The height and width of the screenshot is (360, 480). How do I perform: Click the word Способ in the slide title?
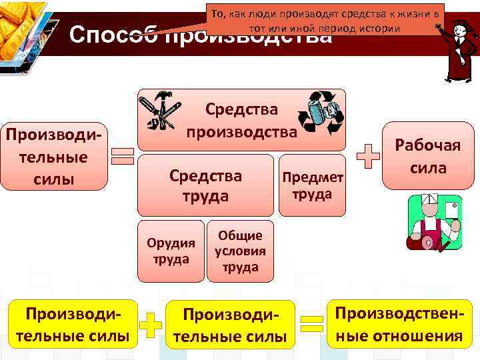[112, 35]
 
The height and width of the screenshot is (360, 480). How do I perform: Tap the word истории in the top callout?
[376, 29]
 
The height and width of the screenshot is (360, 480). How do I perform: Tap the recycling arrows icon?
[320, 111]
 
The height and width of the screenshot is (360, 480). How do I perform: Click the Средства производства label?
[241, 120]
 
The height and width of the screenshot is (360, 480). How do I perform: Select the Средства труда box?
[205, 185]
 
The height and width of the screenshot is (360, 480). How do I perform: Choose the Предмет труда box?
[313, 185]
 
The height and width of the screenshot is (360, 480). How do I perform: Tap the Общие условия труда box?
[240, 251]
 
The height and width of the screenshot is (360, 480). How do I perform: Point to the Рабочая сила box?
[427, 157]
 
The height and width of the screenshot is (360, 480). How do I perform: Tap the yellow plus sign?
[153, 325]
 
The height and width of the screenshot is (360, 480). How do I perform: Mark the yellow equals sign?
[312, 325]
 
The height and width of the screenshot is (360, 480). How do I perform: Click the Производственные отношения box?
[399, 324]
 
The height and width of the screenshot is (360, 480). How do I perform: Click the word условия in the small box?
[240, 251]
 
